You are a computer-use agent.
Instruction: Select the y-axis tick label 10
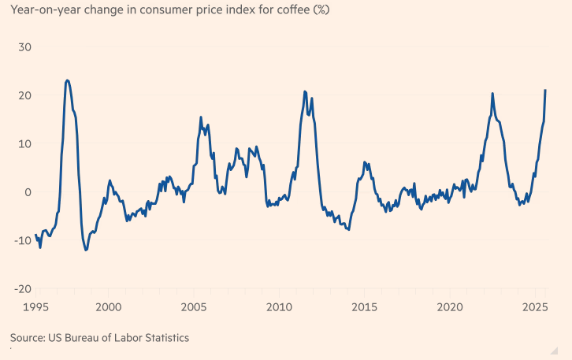(24, 143)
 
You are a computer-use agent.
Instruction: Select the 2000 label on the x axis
(108, 306)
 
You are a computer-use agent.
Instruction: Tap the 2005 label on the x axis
(193, 306)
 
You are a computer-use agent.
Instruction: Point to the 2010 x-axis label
(278, 306)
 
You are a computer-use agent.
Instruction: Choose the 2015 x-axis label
(363, 306)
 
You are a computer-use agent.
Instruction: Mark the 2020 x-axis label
(449, 306)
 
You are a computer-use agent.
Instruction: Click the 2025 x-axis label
(533, 306)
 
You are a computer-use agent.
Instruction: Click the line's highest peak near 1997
(67, 80)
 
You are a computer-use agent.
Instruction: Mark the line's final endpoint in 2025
(545, 91)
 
